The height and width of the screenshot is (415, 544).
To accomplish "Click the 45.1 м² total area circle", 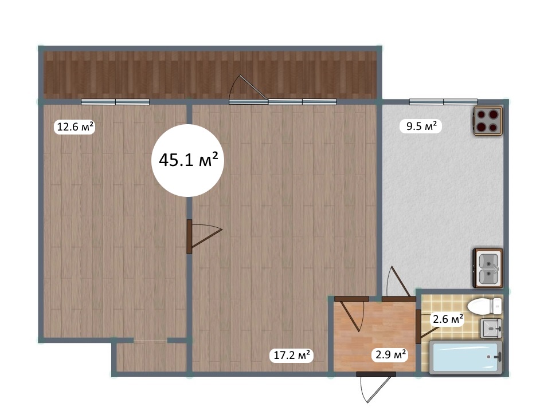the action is click(x=187, y=160).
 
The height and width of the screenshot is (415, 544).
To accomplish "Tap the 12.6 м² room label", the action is click(x=75, y=127).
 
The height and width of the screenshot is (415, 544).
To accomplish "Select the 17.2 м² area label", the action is click(x=292, y=355).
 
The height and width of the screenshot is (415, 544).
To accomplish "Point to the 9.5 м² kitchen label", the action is click(x=421, y=126).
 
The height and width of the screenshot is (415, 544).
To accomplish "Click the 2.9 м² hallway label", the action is click(x=390, y=355).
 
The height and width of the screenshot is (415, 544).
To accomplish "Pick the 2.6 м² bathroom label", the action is click(x=448, y=319).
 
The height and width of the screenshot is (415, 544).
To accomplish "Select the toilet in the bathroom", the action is click(x=485, y=306).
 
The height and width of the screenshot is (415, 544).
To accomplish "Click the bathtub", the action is click(x=466, y=357).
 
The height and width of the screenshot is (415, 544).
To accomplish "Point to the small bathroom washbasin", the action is click(x=491, y=327).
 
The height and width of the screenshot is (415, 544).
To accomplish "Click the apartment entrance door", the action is click(x=375, y=387).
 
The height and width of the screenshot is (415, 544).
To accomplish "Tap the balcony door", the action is click(x=248, y=90).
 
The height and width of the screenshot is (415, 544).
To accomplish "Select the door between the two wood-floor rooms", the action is click(x=204, y=236).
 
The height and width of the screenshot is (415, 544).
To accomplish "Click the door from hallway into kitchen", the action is click(x=398, y=283).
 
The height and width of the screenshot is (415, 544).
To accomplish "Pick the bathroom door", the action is click(x=424, y=326).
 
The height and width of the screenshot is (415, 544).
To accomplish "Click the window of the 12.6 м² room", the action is click(x=115, y=102).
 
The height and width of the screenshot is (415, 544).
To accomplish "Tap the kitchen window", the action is click(x=443, y=101).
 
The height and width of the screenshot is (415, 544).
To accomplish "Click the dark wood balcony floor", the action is click(x=210, y=75).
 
